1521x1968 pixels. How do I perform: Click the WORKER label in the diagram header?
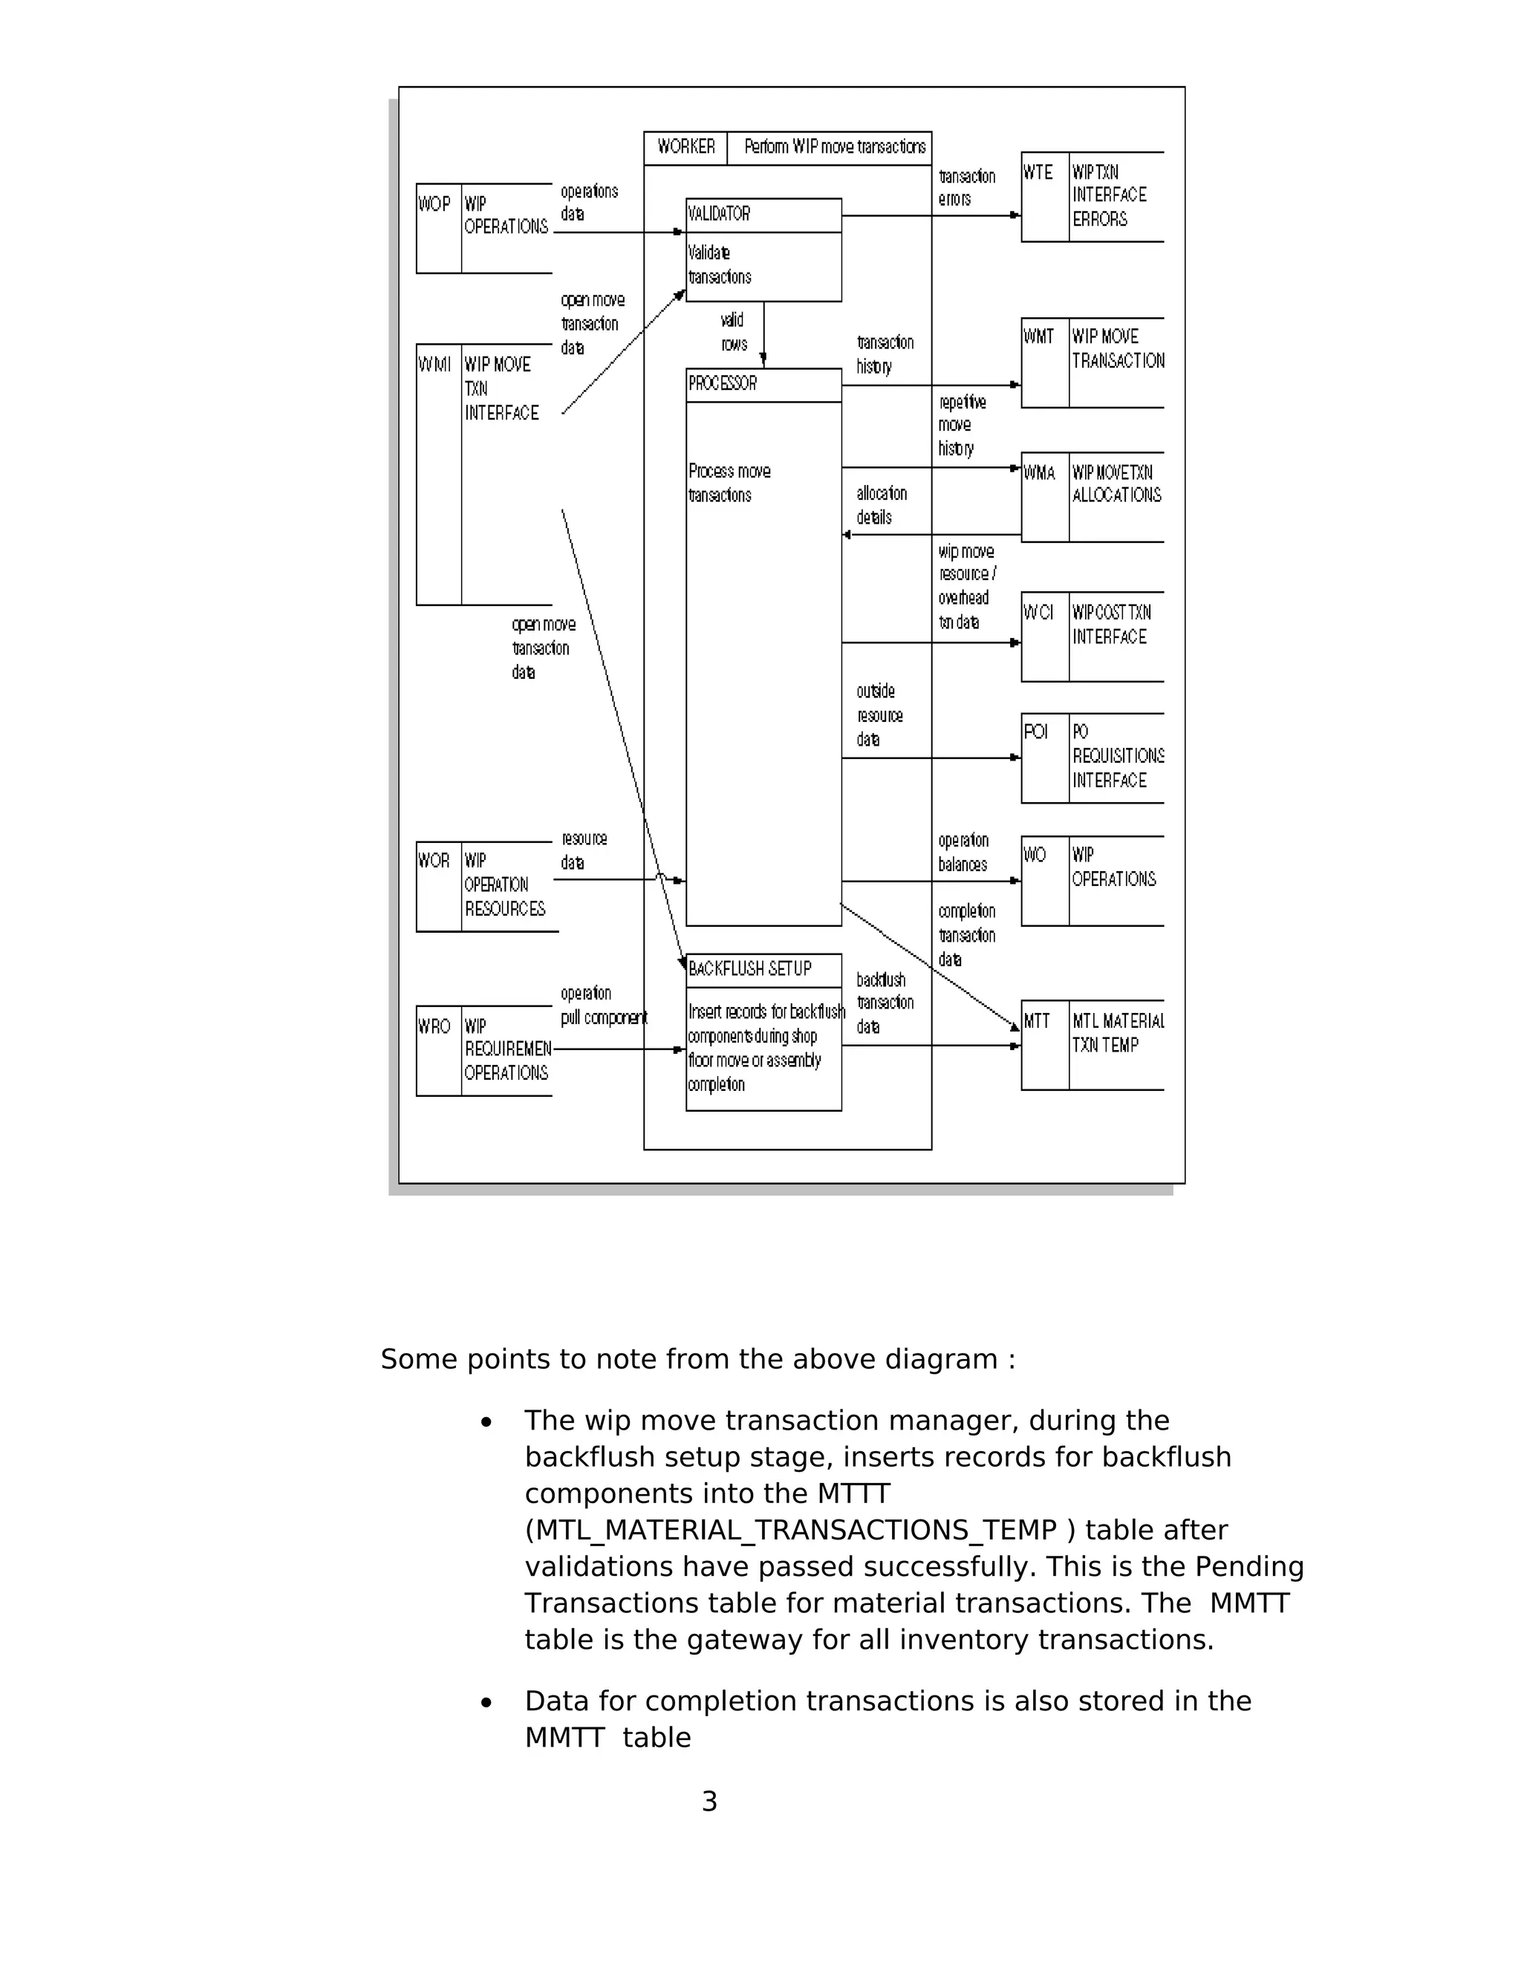point(685,147)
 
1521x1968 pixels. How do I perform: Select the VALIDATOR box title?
point(719,215)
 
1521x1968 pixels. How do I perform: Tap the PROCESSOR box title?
point(723,384)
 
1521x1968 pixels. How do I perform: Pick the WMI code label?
point(434,365)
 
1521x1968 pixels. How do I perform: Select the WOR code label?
point(434,861)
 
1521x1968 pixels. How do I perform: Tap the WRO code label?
point(434,1026)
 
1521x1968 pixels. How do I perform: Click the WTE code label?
point(1038,173)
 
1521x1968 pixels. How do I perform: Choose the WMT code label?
point(1038,337)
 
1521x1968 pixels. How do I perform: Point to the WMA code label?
point(1039,473)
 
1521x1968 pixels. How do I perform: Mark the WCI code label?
point(1038,613)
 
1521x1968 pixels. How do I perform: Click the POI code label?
point(1036,732)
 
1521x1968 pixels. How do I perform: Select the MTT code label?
point(1037,1022)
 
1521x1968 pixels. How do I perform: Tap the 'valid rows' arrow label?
point(734,333)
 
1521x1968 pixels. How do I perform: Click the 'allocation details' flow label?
point(882,506)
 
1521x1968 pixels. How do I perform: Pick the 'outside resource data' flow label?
point(879,715)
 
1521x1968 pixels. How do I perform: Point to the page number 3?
point(709,1802)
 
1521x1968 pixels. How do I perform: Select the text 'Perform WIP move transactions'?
point(834,147)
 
